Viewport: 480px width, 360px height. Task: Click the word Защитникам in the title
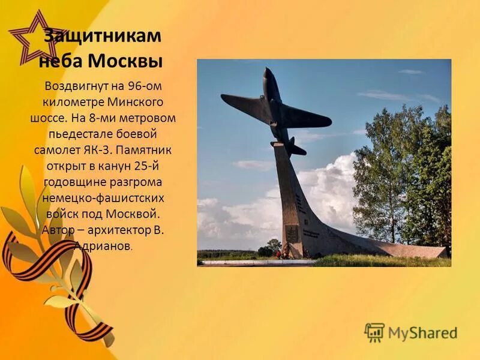pos(102,36)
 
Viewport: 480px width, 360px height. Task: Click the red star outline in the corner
pos(33,39)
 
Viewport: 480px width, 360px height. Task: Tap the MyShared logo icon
pos(374,332)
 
